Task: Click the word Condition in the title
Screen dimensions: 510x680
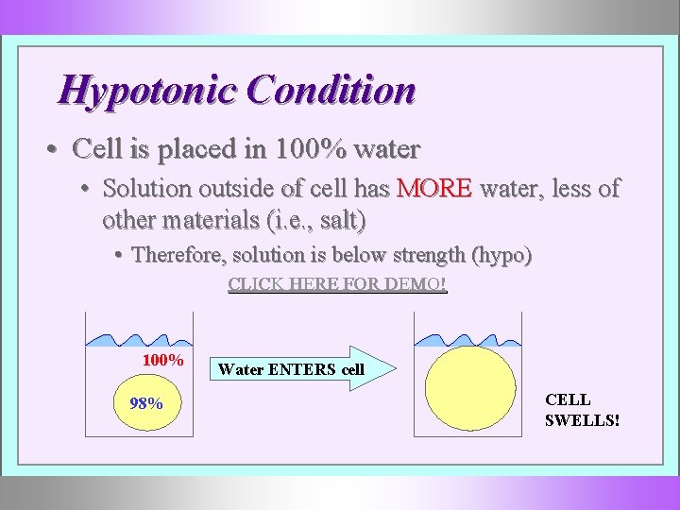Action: [330, 91]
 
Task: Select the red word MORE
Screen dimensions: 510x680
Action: [433, 188]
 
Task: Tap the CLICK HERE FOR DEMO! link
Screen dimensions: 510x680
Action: [337, 284]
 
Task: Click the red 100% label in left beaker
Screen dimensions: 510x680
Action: [162, 360]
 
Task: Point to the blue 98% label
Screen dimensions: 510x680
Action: [145, 403]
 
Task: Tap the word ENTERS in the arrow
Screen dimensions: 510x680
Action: [302, 370]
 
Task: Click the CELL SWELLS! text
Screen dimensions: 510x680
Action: [581, 409]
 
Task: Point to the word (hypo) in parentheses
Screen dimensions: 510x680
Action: [501, 254]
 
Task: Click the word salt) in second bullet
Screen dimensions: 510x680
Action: [341, 221]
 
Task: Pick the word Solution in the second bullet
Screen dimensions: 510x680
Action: [144, 188]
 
